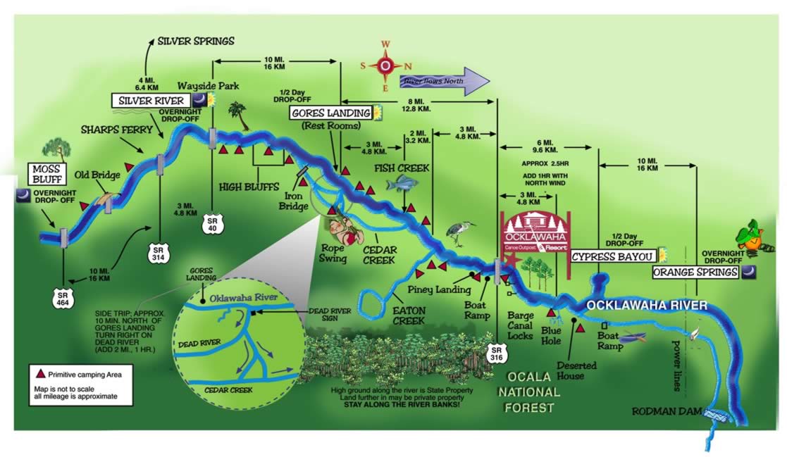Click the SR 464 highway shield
(x=64, y=298)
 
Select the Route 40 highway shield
(x=212, y=223)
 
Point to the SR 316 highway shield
(x=497, y=353)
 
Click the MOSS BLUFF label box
(x=48, y=173)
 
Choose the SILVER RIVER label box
(x=151, y=101)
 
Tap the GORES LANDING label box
(x=330, y=113)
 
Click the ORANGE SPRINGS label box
(x=695, y=272)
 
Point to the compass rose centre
(x=385, y=65)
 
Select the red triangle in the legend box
(x=40, y=375)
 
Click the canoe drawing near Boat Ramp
(x=633, y=337)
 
